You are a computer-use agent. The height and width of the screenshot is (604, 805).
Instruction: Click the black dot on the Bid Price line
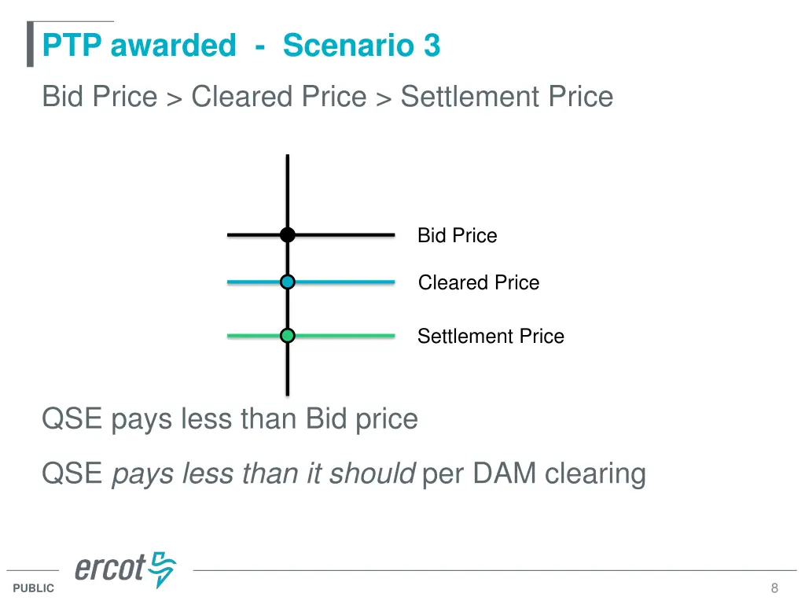pos(288,234)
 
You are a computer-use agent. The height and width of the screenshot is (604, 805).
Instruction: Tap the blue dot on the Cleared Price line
pos(288,282)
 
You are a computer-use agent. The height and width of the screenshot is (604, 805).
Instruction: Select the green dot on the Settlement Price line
pos(288,336)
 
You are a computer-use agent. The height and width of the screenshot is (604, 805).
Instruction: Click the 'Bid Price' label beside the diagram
pos(457,235)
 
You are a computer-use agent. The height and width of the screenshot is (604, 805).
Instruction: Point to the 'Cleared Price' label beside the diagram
pos(478,282)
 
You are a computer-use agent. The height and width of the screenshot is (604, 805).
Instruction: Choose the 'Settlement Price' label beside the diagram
pos(491,337)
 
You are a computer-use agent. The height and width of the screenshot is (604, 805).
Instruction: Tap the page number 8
pos(774,588)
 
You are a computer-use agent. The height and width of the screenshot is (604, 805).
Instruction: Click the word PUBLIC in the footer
pos(34,588)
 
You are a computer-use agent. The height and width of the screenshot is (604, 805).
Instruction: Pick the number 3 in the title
pos(432,46)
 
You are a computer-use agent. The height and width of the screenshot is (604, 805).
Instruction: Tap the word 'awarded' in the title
pos(173,46)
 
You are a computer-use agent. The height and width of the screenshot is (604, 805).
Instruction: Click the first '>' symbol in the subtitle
pos(174,98)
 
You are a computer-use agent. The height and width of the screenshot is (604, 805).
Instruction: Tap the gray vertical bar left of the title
pos(30,45)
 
